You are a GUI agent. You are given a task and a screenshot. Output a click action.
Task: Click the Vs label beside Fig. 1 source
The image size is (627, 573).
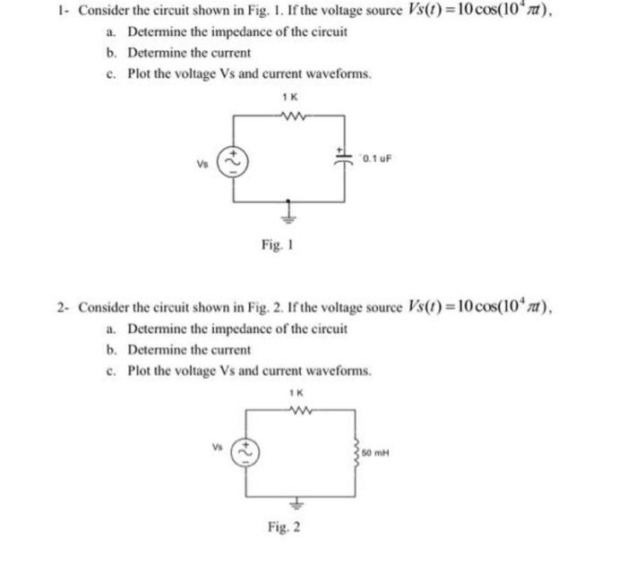(203, 163)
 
